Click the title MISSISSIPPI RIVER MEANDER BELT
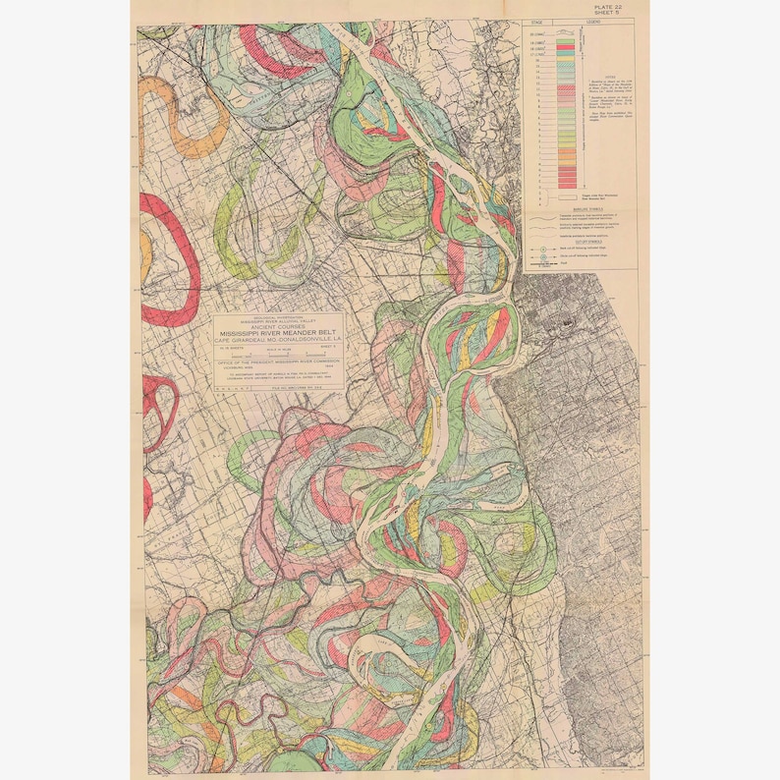277,332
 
